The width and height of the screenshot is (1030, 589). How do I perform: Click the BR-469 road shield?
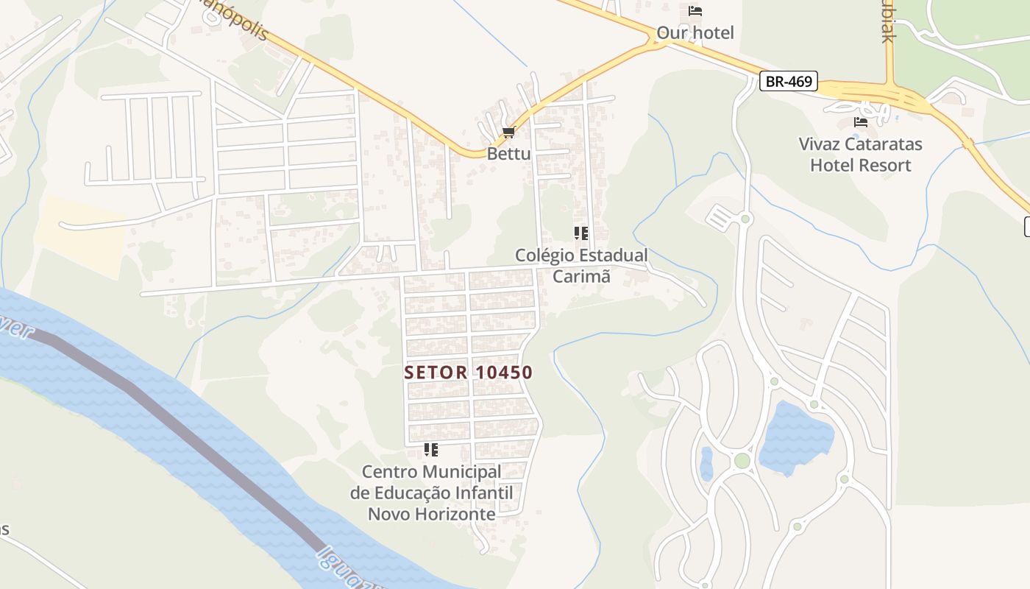(789, 82)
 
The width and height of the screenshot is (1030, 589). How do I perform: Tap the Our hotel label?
(695, 33)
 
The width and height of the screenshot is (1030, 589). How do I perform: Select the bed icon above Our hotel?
(695, 11)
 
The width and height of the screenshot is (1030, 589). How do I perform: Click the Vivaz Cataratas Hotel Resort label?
(860, 154)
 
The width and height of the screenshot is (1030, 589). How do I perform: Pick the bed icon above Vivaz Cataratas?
(860, 122)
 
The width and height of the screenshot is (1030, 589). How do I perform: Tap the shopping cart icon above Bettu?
(508, 133)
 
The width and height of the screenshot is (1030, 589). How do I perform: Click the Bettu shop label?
(508, 154)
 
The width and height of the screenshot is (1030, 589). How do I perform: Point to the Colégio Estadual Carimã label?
(581, 266)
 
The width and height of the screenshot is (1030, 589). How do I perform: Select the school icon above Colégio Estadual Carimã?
(581, 233)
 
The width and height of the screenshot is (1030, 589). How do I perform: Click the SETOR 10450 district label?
(468, 373)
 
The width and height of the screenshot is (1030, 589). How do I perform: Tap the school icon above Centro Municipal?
(431, 449)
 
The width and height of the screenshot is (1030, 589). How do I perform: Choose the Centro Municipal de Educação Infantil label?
(431, 493)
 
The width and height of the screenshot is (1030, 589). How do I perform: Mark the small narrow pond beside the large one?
(706, 464)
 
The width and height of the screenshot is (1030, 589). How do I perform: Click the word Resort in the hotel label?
(887, 165)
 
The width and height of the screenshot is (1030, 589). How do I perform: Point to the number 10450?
(503, 373)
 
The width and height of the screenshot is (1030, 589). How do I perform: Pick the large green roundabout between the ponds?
(742, 461)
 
